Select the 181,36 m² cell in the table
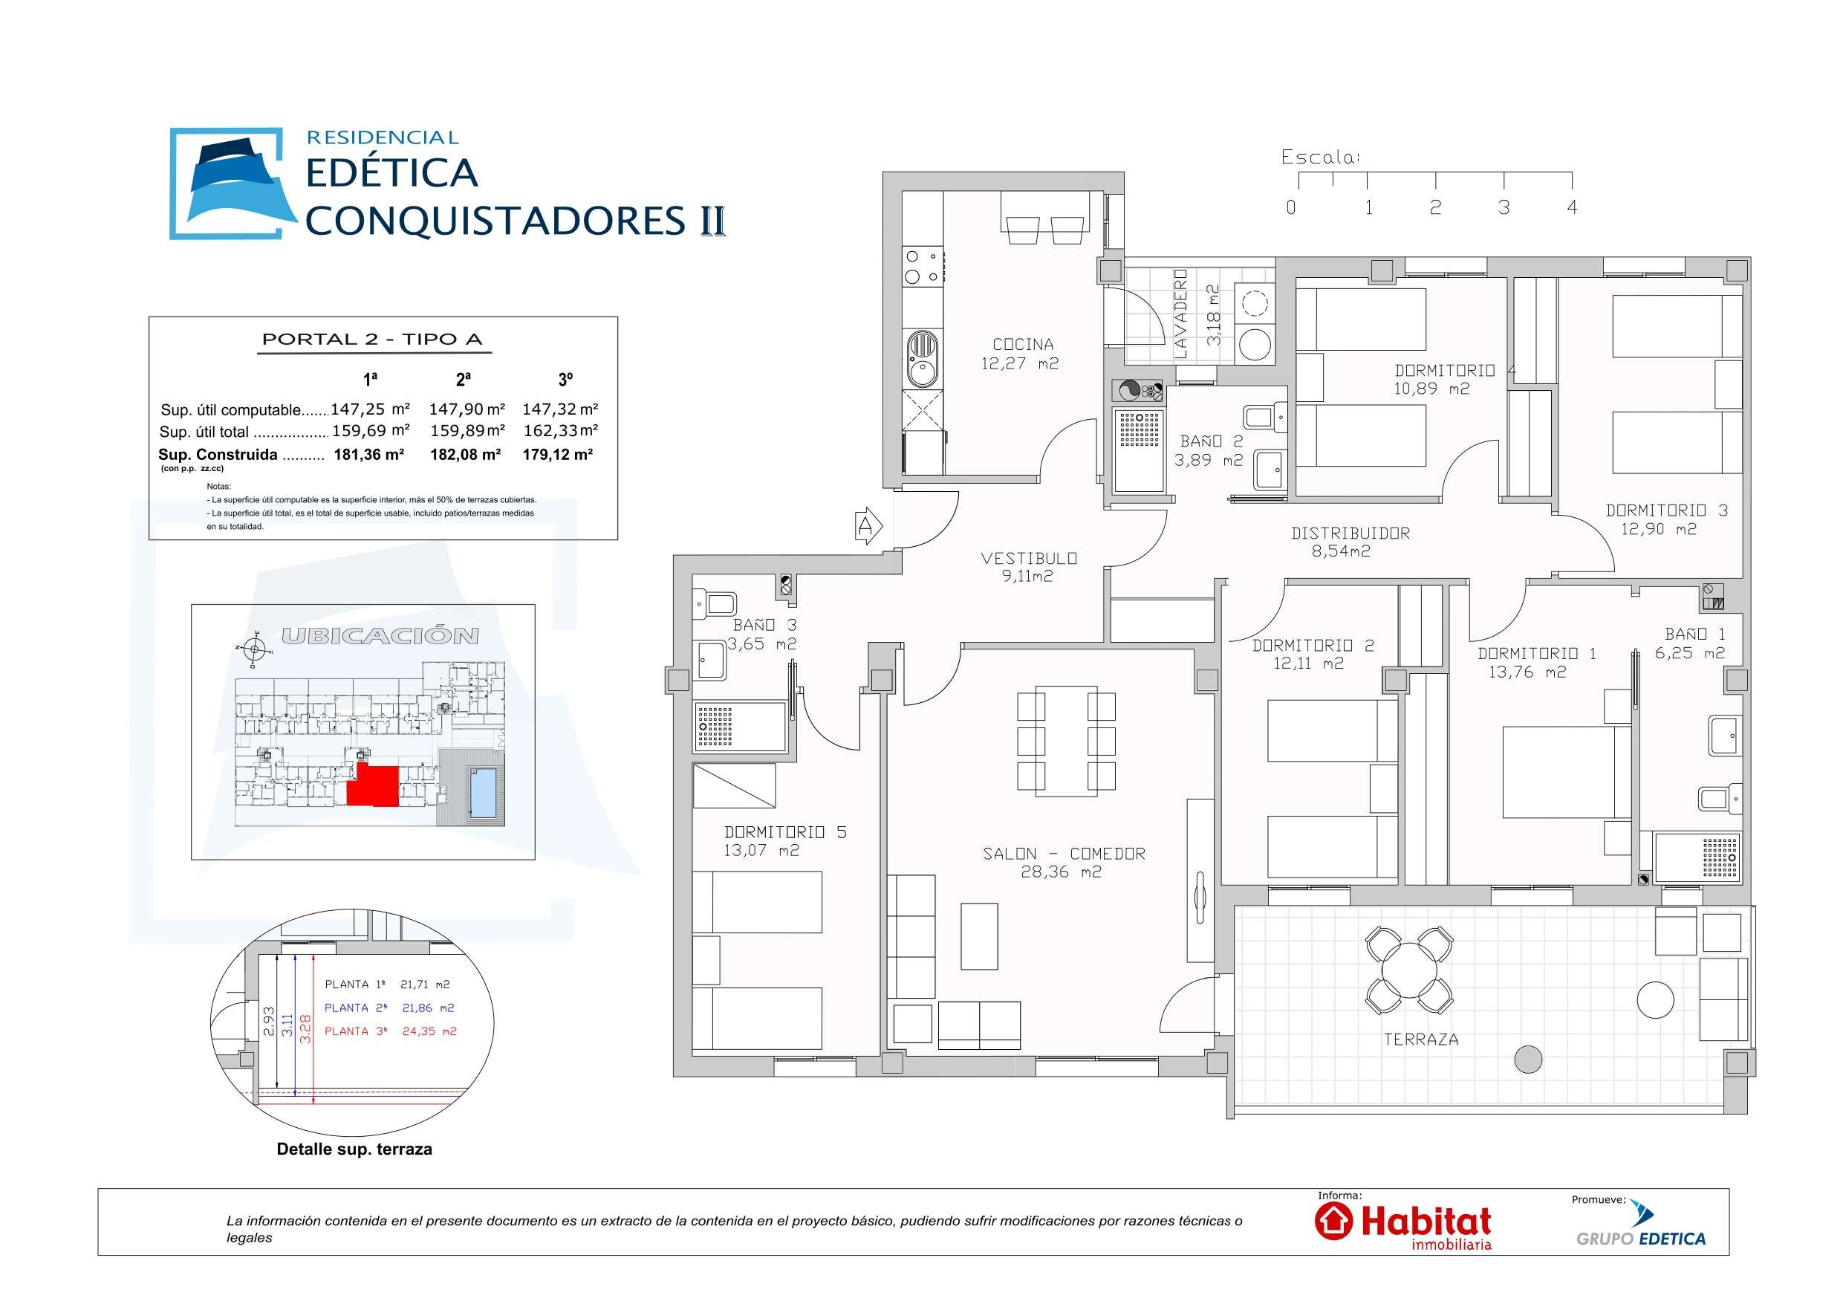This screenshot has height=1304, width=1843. (368, 455)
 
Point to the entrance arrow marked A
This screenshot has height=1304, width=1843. (868, 526)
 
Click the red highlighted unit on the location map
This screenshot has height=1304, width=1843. (375, 785)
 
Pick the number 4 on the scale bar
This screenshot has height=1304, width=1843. (1572, 207)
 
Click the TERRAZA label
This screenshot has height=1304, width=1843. (1421, 1039)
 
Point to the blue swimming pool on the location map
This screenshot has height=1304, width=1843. (482, 793)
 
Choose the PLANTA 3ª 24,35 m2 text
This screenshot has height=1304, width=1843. (390, 1031)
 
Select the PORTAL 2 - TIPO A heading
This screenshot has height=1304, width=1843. (372, 339)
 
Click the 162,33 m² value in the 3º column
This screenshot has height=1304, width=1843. (560, 431)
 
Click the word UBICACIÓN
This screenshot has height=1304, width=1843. (380, 636)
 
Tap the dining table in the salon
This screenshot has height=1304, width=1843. (1065, 740)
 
